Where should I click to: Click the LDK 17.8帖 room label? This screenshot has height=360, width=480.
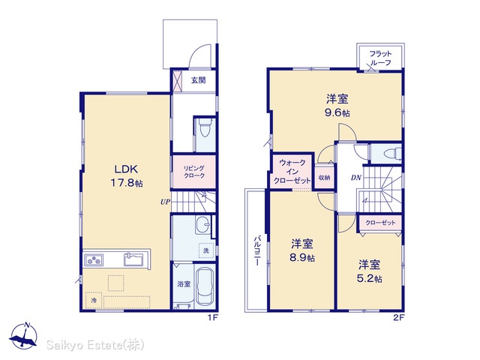tap(127, 175)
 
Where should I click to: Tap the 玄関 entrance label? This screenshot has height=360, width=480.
tap(198, 80)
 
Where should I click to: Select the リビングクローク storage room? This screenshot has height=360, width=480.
tap(194, 172)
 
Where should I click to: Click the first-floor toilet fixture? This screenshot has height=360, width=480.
tap(205, 127)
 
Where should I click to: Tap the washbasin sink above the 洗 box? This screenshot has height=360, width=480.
tap(202, 225)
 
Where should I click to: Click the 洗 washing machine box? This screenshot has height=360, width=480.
tap(206, 250)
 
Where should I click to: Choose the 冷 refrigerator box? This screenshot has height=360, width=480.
tap(94, 300)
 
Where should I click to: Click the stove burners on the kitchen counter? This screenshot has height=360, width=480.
tap(94, 260)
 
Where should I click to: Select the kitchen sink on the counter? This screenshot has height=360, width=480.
tap(133, 259)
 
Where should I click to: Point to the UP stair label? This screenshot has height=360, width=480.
tap(165, 202)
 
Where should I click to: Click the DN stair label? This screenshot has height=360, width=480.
tap(356, 178)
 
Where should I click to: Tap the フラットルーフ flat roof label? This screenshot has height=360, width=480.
tap(380, 58)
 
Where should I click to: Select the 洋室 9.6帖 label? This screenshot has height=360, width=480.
tap(337, 106)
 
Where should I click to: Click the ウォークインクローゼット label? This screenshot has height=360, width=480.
tap(292, 172)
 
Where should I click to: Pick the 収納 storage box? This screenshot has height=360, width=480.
tap(324, 178)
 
